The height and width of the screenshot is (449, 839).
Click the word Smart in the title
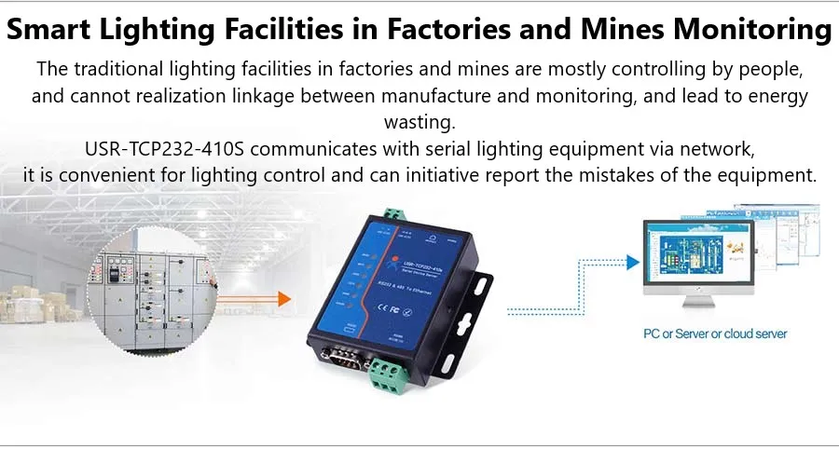pos(54,30)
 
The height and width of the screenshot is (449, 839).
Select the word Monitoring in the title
pos(750,30)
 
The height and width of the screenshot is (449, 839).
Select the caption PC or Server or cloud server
pos(715,333)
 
